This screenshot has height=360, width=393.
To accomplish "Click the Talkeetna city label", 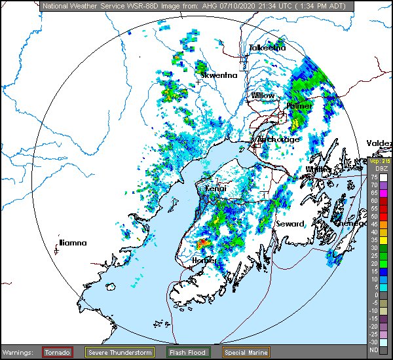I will point(267,48).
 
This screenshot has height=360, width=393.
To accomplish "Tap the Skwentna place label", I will point(219,75).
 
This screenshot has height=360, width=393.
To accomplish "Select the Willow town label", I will point(263,96).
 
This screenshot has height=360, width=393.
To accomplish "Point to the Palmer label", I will point(299,105).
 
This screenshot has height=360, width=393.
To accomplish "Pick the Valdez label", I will point(379,143).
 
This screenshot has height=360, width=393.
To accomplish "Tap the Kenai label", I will point(215,189).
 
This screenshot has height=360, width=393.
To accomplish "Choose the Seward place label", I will point(290,224).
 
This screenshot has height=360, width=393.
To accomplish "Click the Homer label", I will point(204,261).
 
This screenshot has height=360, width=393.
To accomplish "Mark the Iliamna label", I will point(73,243).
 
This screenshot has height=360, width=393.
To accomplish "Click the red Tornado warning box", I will point(58,352).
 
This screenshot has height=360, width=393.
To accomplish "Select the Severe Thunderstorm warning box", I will point(120,352).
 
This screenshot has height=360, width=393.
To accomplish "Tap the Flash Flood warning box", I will point(187,352).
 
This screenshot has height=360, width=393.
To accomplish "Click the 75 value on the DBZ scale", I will point(374,177).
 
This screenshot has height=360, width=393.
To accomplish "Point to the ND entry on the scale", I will point(374,350).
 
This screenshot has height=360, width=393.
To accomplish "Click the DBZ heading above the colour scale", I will point(374,169).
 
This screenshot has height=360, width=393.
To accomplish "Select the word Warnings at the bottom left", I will point(18,353).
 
